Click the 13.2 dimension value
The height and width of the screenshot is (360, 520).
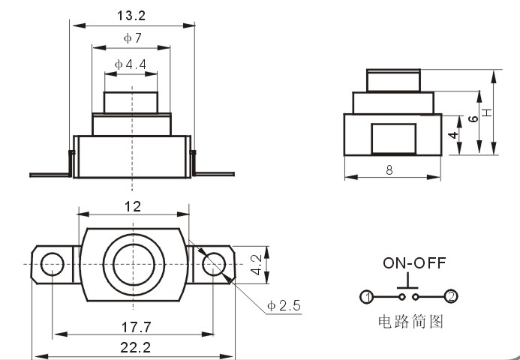pyautogui.click(x=131, y=16)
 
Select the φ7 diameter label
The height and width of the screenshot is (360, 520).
pyautogui.click(x=133, y=38)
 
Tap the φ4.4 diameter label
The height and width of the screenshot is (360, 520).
pyautogui.click(x=131, y=64)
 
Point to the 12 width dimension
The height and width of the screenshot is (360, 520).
pyautogui.click(x=133, y=207)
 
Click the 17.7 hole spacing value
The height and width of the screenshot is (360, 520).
pyautogui.click(x=137, y=328)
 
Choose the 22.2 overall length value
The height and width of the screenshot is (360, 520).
pyautogui.click(x=135, y=347)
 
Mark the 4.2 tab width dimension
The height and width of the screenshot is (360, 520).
pyautogui.click(x=257, y=265)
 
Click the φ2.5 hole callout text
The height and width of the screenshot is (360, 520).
pyautogui.click(x=284, y=305)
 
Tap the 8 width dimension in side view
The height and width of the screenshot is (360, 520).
pyautogui.click(x=389, y=170)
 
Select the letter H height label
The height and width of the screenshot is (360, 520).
pyautogui.click(x=487, y=112)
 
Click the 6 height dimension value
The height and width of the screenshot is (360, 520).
pyautogui.click(x=473, y=118)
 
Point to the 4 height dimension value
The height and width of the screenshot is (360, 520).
pyautogui.click(x=453, y=135)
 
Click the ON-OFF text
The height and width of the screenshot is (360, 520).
pyautogui.click(x=414, y=262)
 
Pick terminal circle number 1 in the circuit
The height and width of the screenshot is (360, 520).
pyautogui.click(x=367, y=297)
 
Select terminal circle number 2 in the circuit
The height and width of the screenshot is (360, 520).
pyautogui.click(x=451, y=296)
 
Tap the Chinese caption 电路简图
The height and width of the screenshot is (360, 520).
pyautogui.click(x=410, y=322)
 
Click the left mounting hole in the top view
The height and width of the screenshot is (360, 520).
pyautogui.click(x=52, y=264)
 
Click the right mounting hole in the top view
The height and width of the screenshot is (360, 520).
pyautogui.click(x=214, y=264)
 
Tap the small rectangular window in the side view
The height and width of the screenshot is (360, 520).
pyautogui.click(x=394, y=139)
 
